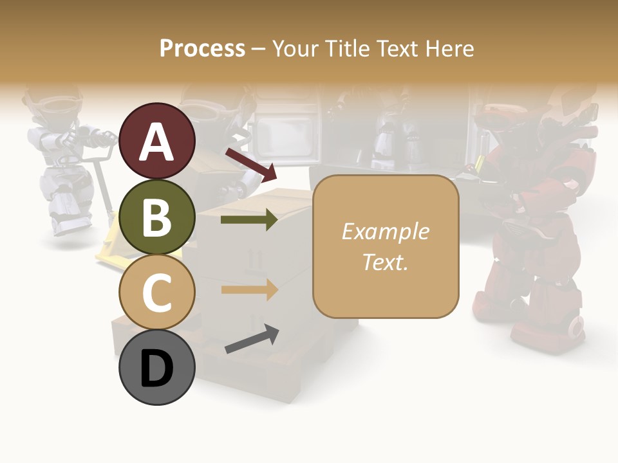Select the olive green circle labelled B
[x=157, y=217]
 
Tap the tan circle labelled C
[x=157, y=292]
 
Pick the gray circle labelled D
[x=157, y=367]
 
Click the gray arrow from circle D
[x=252, y=339]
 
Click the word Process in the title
[x=202, y=48]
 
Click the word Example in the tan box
[x=385, y=232]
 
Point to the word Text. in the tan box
[x=385, y=262]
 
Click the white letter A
[x=157, y=142]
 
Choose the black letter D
[x=156, y=368]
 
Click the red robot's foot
[x=566, y=329]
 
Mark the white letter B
[x=156, y=217]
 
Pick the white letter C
[x=156, y=293]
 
